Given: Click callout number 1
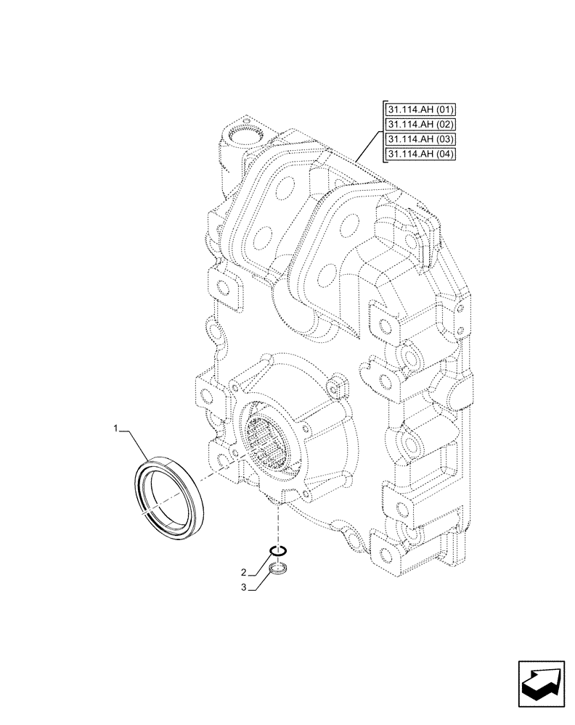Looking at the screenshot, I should pyautogui.click(x=115, y=430).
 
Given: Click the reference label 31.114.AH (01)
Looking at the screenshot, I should pyautogui.click(x=415, y=110).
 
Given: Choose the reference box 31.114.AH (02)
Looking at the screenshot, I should pyautogui.click(x=415, y=125).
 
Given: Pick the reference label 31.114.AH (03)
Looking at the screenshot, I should pyautogui.click(x=415, y=139).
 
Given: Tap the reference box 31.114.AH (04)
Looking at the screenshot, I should pyautogui.click(x=415, y=154).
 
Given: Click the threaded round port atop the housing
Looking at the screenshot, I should pyautogui.click(x=241, y=136).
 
